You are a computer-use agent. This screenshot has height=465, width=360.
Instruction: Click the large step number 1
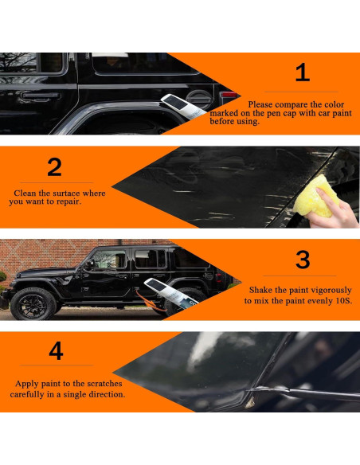[x=303, y=72]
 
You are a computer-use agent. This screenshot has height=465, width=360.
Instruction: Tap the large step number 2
[x=55, y=167]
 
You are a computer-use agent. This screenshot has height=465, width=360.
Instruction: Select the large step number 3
[x=303, y=260]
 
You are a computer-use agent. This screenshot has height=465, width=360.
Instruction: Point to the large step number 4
[x=56, y=350]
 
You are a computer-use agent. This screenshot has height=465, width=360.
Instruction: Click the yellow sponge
[x=315, y=197]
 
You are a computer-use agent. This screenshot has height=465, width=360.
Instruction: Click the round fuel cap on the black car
[x=199, y=100]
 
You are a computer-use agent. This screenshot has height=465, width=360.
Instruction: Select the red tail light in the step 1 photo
[x=229, y=95]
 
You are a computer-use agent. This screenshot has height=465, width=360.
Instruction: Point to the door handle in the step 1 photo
[x=41, y=96]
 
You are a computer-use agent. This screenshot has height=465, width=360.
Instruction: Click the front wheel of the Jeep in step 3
[x=33, y=305]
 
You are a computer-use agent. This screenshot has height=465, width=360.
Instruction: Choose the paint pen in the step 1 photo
[x=183, y=107]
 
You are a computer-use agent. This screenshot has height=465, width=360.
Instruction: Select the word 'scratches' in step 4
[x=105, y=384]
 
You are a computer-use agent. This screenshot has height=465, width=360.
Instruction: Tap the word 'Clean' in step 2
[x=25, y=193]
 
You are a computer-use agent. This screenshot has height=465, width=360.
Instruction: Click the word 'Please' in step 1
[x=260, y=104]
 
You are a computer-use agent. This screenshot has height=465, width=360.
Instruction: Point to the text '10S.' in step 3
[x=344, y=301]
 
